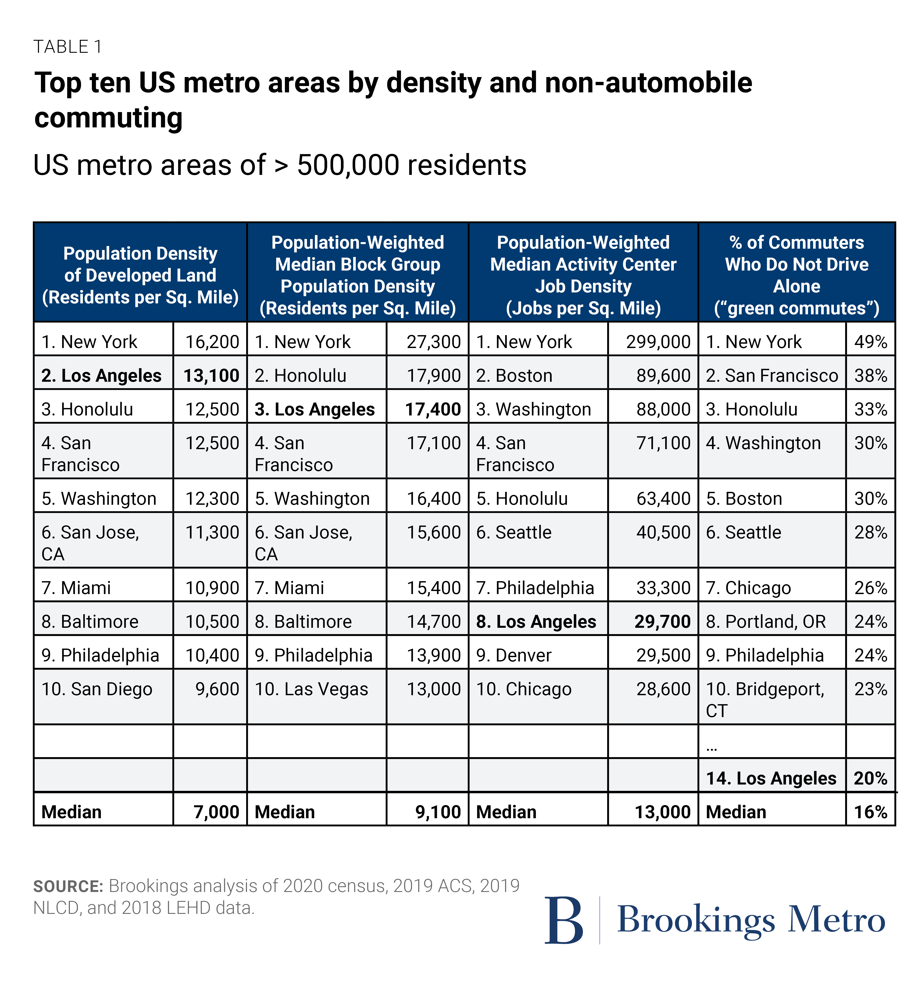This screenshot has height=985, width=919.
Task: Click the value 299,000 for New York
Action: (x=658, y=342)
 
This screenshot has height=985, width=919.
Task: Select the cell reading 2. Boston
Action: (x=514, y=376)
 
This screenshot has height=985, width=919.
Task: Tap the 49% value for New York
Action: (x=870, y=342)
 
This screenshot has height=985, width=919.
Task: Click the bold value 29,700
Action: (x=662, y=621)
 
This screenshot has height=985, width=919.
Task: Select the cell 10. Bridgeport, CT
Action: (x=765, y=700)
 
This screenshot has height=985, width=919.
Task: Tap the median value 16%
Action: (x=870, y=812)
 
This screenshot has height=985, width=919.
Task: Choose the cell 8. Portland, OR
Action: (x=765, y=621)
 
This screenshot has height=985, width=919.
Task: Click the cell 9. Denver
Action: (x=514, y=655)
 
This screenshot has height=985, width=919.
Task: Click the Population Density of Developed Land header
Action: (x=140, y=275)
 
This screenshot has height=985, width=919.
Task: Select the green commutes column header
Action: (x=797, y=275)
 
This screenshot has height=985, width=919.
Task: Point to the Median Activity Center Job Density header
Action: (x=583, y=275)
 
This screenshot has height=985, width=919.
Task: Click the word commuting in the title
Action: (x=109, y=118)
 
